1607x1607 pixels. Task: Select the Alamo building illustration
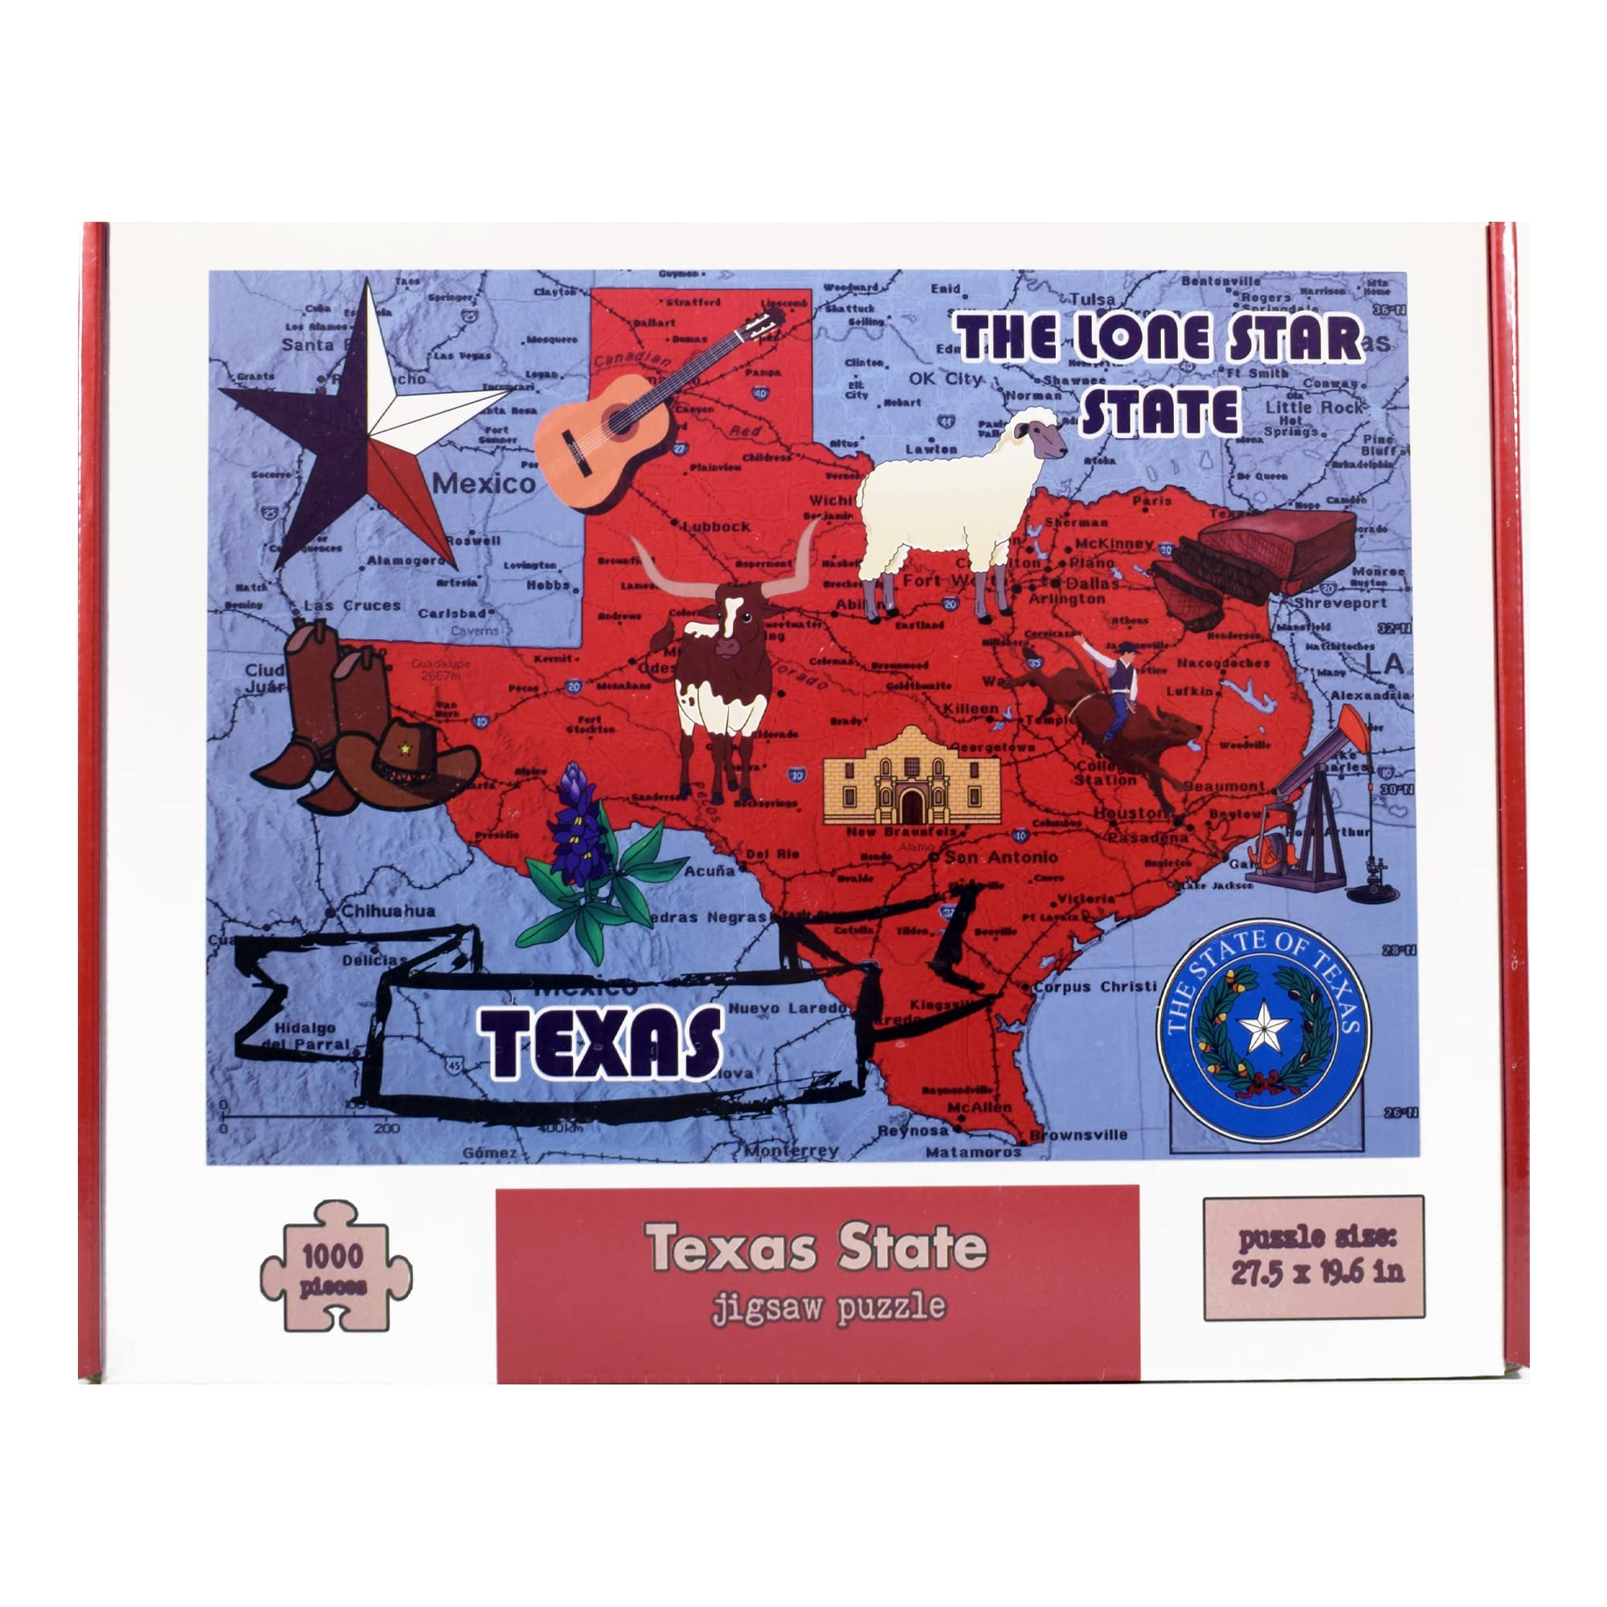pyautogui.click(x=912, y=778)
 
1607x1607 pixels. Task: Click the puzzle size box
pyautogui.click(x=1314, y=1257)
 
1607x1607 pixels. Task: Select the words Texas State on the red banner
pyautogui.click(x=817, y=1248)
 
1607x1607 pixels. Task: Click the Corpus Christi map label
pyautogui.click(x=1094, y=988)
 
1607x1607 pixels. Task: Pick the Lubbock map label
pyautogui.click(x=717, y=526)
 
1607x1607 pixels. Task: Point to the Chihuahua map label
pyautogui.click(x=387, y=911)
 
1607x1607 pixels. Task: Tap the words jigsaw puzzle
pyautogui.click(x=828, y=1306)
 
